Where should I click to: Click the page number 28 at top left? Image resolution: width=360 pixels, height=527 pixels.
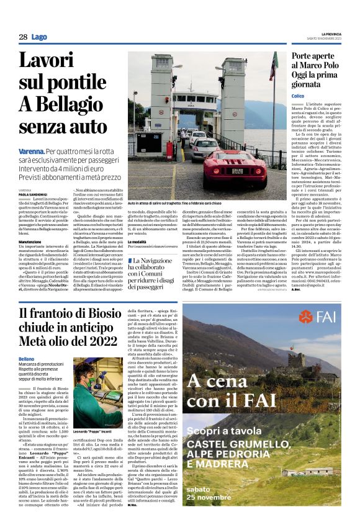[x=23, y=37]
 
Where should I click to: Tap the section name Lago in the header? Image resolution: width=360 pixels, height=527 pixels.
[x=40, y=37]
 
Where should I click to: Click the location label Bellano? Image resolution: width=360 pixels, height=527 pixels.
[x=26, y=341]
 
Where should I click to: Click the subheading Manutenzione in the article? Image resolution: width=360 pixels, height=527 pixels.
[x=30, y=241]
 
